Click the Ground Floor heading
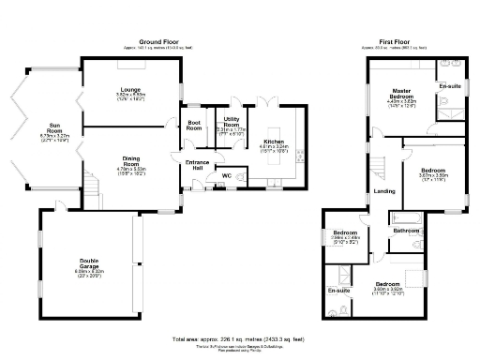point(159,41)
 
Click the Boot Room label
point(194,125)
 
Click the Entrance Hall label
point(198,164)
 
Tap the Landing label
point(384,191)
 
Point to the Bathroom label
point(406,230)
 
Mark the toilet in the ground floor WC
point(242,175)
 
